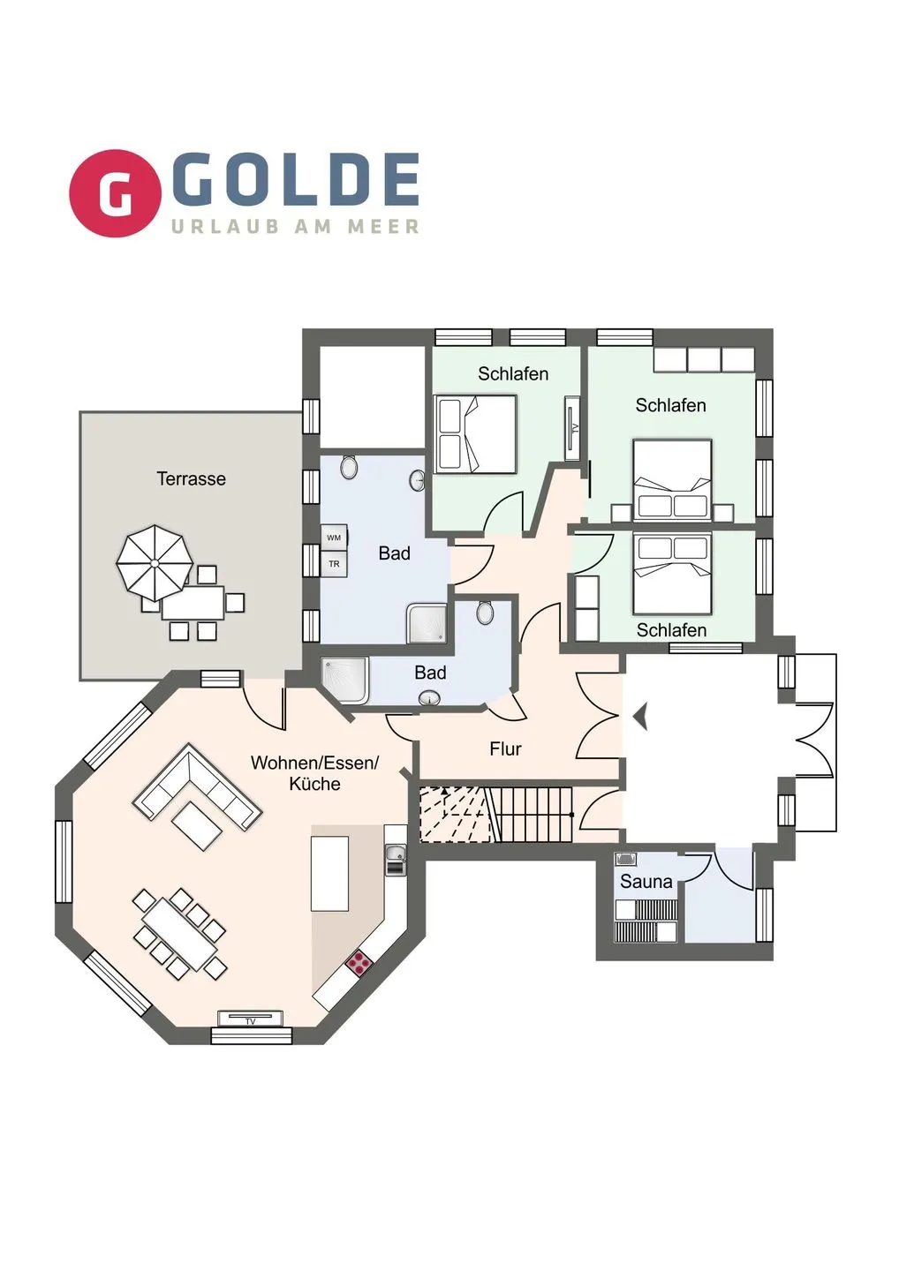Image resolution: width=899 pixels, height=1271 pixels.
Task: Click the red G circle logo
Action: pyautogui.click(x=115, y=193)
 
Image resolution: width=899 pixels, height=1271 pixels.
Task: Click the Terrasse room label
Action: pyautogui.click(x=191, y=479)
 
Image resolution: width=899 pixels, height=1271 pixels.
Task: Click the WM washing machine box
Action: pyautogui.click(x=334, y=538)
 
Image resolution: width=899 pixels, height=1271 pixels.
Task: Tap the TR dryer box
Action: pyautogui.click(x=334, y=563)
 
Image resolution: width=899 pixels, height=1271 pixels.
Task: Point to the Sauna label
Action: pyautogui.click(x=646, y=882)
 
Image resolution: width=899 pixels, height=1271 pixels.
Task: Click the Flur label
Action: pyautogui.click(x=505, y=749)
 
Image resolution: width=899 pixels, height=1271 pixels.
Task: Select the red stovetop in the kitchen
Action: pyautogui.click(x=359, y=963)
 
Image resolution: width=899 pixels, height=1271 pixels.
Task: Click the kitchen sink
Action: pyautogui.click(x=395, y=854)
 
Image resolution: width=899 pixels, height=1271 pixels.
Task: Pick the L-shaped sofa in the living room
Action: pyautogui.click(x=196, y=788)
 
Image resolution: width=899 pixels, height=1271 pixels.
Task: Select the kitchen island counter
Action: pyautogui.click(x=329, y=873)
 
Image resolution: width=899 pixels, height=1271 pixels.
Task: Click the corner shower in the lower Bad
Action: pyautogui.click(x=344, y=680)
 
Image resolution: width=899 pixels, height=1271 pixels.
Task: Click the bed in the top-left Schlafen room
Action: pyautogui.click(x=476, y=433)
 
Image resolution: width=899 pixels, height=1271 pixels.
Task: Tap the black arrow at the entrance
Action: pyautogui.click(x=641, y=716)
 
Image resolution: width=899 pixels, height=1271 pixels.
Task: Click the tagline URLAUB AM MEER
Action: pyautogui.click(x=295, y=227)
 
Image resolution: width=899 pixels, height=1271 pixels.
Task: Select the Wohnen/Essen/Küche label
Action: pyautogui.click(x=314, y=773)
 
